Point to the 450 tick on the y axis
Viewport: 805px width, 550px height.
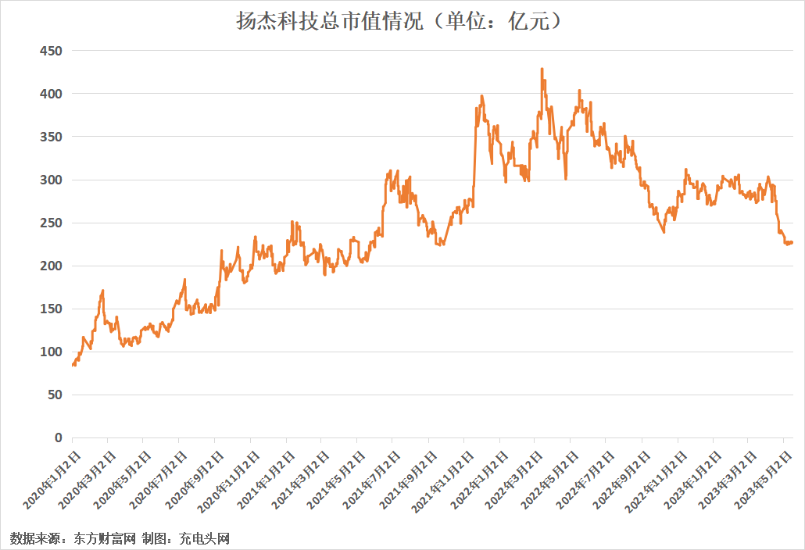pos(51,51)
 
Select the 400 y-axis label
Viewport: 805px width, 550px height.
pos(51,94)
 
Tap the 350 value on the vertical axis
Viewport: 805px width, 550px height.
pos(51,137)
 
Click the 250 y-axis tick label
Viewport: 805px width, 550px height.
pos(51,223)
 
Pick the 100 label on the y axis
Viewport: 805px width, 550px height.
pos(51,352)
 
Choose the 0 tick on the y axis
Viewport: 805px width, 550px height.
pos(58,438)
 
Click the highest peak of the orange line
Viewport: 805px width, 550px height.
pos(542,69)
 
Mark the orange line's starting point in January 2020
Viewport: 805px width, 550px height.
pos(73,365)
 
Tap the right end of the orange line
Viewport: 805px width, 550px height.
pos(792,242)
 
